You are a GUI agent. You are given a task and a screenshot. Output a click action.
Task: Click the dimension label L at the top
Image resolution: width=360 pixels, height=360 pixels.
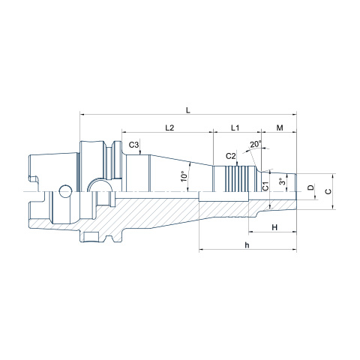[188, 110]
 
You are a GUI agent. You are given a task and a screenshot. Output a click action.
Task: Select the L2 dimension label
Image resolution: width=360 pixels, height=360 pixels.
[169, 127]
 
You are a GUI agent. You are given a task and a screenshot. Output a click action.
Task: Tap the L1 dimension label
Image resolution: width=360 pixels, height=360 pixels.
[235, 127]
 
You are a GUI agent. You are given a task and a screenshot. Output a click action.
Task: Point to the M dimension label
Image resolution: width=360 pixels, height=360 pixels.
[280, 127]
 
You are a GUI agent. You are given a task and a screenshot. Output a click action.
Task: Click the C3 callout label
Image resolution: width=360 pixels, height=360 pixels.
[133, 145]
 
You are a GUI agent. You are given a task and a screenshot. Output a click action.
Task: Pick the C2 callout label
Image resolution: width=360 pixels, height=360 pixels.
[231, 156]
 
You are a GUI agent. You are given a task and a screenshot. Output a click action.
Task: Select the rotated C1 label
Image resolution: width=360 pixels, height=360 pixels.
[265, 186]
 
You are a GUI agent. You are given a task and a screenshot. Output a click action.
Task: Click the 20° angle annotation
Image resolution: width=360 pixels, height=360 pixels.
[256, 144]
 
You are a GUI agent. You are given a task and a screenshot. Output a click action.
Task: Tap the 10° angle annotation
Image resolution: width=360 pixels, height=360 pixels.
[184, 176]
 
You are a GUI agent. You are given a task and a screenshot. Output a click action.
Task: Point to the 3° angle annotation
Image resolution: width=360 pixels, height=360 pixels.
[282, 181]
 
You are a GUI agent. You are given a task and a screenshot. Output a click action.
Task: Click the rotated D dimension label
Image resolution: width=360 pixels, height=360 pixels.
[310, 187]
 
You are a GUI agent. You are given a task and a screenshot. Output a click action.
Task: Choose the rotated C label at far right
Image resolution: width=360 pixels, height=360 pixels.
[328, 191]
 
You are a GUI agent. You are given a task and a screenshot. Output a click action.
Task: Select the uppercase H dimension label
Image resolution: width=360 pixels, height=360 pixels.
[274, 227]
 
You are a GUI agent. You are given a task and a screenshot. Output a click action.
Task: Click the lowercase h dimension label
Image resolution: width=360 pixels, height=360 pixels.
[247, 245]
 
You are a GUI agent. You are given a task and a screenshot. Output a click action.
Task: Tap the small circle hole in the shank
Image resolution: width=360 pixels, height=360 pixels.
[65, 191]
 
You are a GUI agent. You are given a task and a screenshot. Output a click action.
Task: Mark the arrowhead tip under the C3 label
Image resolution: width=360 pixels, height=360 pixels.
[141, 154]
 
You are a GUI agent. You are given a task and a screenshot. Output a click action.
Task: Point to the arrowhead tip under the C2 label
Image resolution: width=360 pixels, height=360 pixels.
[237, 166]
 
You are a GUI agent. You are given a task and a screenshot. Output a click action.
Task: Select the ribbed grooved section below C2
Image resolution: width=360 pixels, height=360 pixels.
[237, 178]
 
